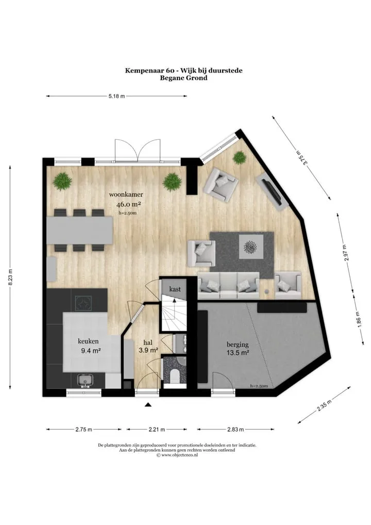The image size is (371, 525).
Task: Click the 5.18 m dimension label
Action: [116, 96]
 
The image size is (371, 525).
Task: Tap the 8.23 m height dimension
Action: [10, 277]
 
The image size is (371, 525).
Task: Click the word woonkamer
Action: [126, 194]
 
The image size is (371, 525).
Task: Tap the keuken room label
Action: [88, 341]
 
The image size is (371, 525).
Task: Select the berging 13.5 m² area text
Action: [238, 348]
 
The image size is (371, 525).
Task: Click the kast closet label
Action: [175, 289]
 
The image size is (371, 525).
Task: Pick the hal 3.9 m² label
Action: [148, 347]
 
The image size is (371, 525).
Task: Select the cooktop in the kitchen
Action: [84, 304]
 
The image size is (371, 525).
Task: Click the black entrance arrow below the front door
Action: [148, 405]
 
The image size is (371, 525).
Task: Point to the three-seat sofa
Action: [229, 285]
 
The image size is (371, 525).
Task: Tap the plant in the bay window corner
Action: [239, 157]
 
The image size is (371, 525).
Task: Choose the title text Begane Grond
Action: [183, 78]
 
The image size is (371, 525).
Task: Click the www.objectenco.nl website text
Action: [177, 455]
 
